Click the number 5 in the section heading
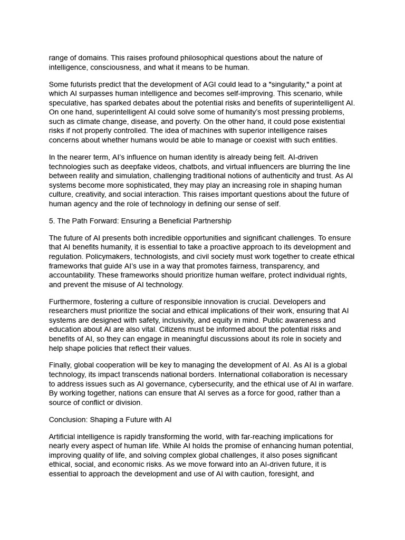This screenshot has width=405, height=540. coord(51,221)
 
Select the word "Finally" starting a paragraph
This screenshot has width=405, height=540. coord(60,365)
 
